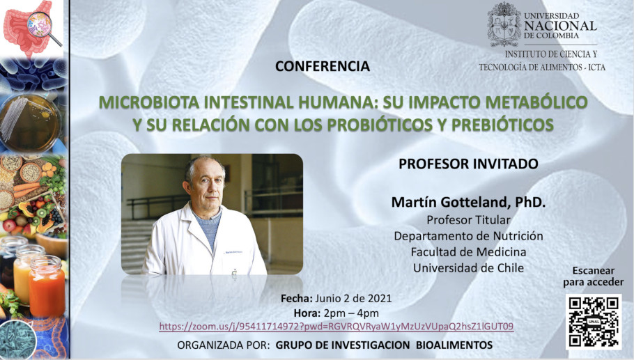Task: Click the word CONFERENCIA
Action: [323, 66]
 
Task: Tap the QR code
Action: [594, 322]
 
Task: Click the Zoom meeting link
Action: [337, 327]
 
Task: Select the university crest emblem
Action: [504, 24]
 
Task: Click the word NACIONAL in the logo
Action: [560, 26]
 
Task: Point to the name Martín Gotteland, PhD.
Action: [468, 202]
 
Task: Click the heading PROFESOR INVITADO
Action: [468, 164]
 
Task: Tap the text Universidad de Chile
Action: [468, 268]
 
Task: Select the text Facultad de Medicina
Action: [468, 252]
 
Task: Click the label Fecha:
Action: [296, 299]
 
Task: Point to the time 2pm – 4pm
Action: [351, 313]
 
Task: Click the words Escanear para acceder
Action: [593, 276]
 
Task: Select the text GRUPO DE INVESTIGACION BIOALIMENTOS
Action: [384, 345]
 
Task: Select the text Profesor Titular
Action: [468, 220]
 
